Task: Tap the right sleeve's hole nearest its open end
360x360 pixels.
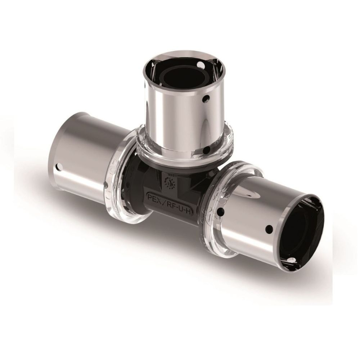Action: coord(267,228)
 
